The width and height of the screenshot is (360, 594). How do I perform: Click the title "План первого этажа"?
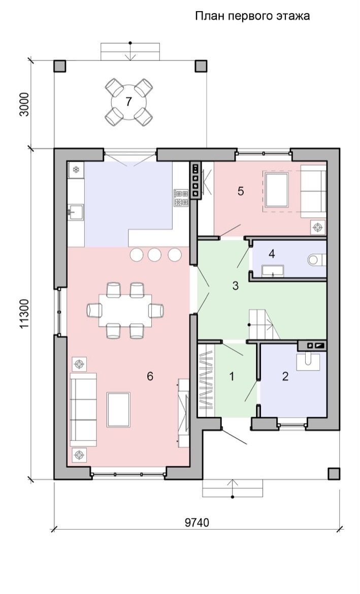coord(252,16)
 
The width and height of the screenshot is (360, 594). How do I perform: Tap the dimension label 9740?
coord(197,523)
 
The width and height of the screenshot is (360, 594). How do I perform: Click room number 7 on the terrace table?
coord(128,102)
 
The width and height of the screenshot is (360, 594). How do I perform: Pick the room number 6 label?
coord(150,376)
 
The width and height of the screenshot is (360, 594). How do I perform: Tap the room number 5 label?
coord(241,191)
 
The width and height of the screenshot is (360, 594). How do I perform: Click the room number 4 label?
coord(272,254)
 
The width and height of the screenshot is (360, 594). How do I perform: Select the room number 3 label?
coord(235,286)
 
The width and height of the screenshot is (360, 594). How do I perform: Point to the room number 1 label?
coord(232,376)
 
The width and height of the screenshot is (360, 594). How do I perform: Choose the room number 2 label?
coord(285,376)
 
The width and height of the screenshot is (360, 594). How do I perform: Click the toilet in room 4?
coord(317,259)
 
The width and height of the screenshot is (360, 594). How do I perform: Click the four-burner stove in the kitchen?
coord(181,198)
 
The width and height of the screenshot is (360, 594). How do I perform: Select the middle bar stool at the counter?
coord(154,254)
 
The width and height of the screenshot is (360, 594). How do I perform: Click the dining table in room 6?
coord(125,310)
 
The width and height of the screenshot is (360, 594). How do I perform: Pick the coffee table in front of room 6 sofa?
coord(119,410)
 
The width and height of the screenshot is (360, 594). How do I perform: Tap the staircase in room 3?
coord(264,324)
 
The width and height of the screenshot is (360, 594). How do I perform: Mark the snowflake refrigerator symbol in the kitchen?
coord(76,170)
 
